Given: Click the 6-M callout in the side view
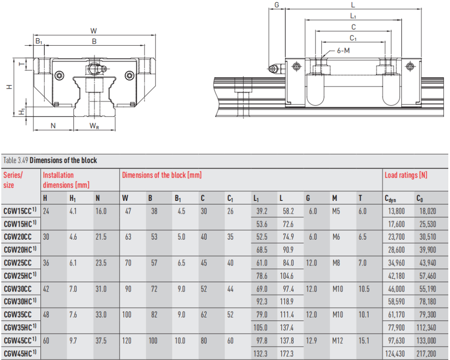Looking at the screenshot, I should (343, 51).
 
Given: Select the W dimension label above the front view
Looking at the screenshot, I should (93, 31).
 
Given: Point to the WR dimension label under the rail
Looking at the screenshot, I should (94, 126).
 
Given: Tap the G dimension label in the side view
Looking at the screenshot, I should (277, 5).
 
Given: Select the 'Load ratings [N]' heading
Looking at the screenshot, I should (406, 175).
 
